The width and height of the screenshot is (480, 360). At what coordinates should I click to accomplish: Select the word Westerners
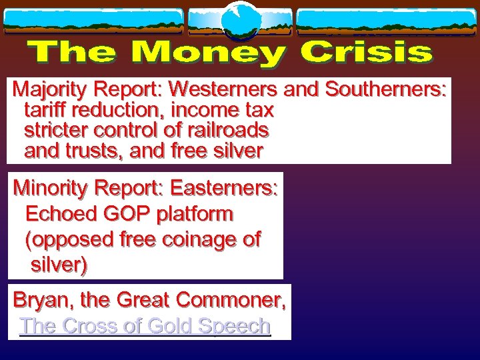[x=225, y=89]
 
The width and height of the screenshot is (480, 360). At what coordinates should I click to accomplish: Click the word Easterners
[x=224, y=189]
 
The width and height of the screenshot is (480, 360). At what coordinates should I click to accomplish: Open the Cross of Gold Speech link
[x=145, y=326]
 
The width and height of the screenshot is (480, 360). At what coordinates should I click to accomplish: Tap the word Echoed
[x=55, y=215]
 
